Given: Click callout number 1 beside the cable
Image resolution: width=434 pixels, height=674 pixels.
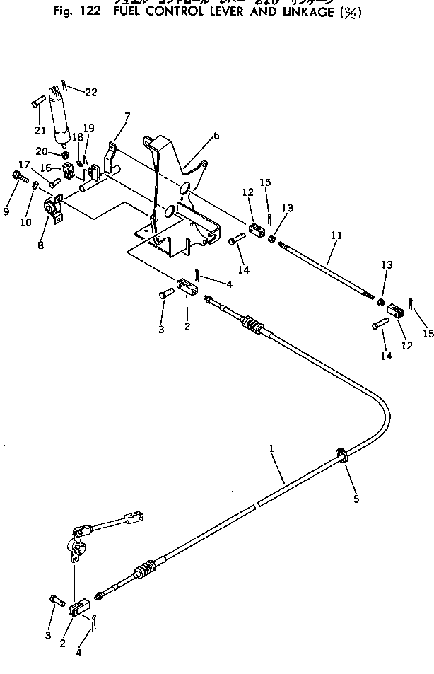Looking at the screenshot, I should (271, 448).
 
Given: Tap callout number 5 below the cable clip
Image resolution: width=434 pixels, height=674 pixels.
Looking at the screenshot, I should (356, 499).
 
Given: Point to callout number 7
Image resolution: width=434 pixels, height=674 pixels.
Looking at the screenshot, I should (127, 116).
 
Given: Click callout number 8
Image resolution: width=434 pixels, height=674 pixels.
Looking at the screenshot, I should (40, 245).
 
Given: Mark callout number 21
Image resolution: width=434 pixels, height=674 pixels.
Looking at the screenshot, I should (40, 130).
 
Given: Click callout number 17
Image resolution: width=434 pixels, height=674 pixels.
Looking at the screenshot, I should (23, 165).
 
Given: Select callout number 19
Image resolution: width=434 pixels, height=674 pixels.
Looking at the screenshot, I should (88, 128).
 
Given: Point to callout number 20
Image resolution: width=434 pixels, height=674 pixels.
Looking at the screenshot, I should (42, 151).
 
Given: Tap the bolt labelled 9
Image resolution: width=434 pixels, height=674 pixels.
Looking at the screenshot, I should (16, 175).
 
